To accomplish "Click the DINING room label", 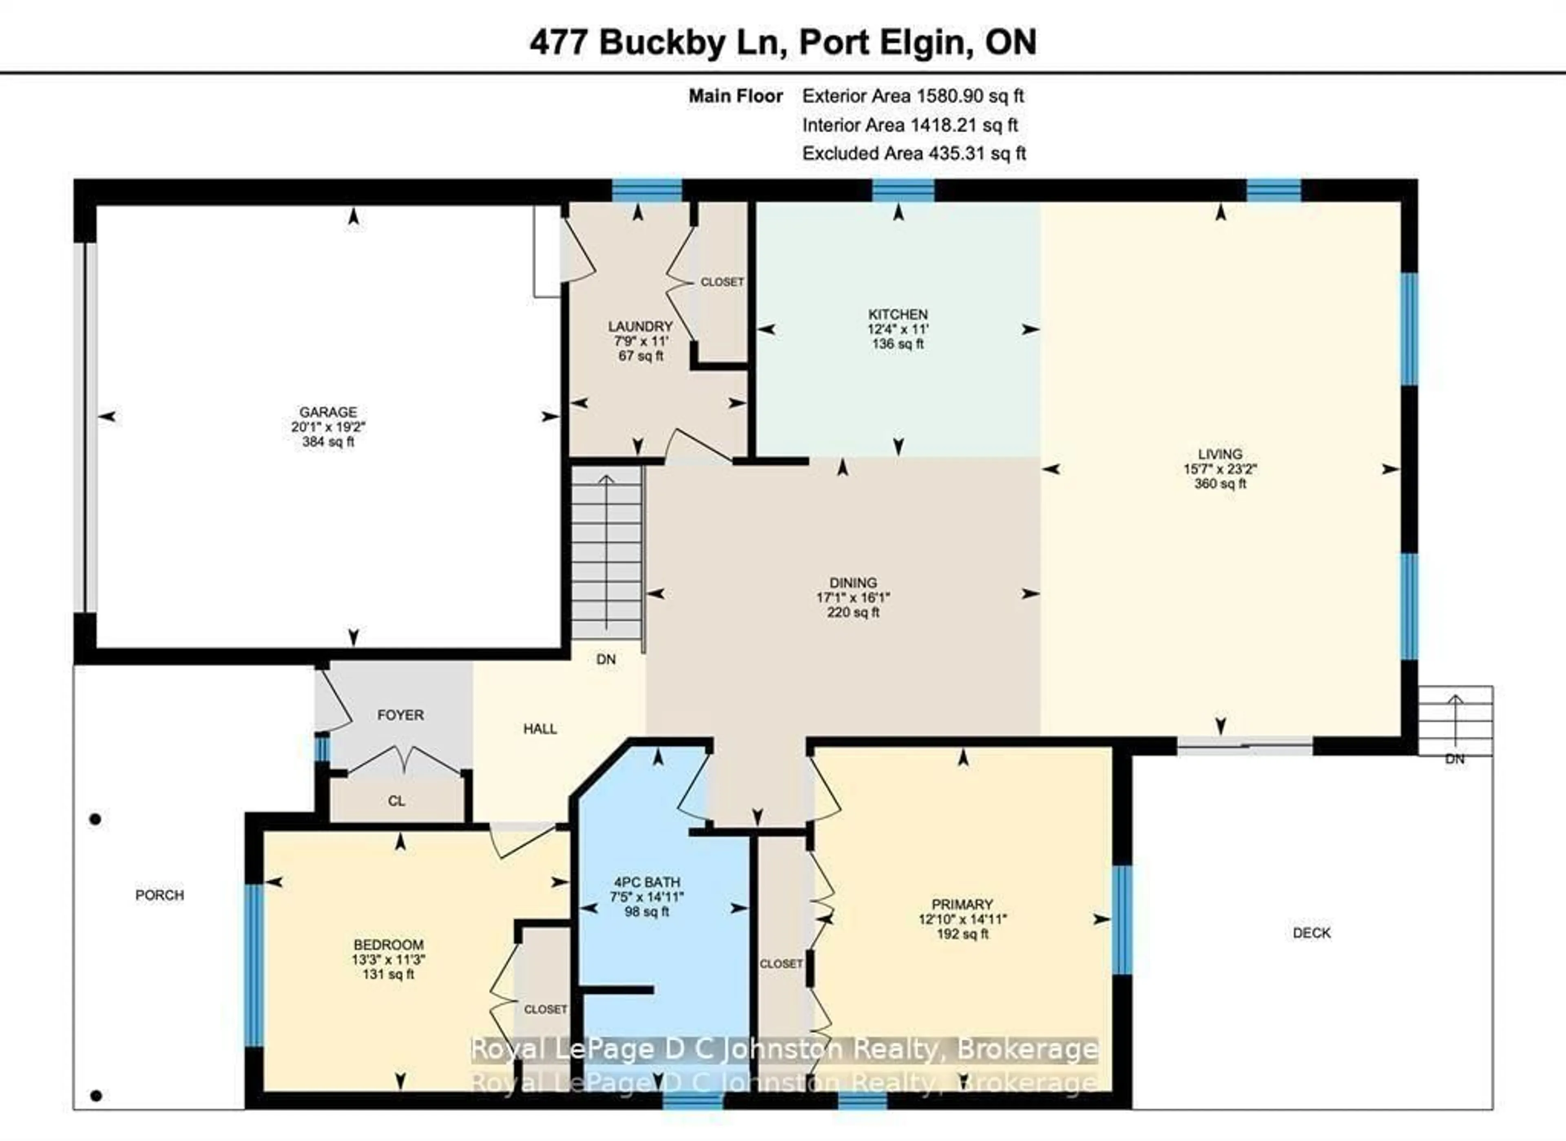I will (x=853, y=582).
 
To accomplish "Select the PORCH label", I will (x=159, y=895).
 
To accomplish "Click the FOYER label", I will (x=400, y=715).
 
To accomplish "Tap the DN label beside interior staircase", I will (x=606, y=659).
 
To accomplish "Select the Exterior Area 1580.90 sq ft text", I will (x=913, y=96).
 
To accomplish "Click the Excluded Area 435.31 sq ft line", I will (x=913, y=153).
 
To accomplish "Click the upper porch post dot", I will (x=95, y=819).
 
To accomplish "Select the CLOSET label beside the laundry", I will (x=722, y=282).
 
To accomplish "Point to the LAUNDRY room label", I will (x=640, y=326).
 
